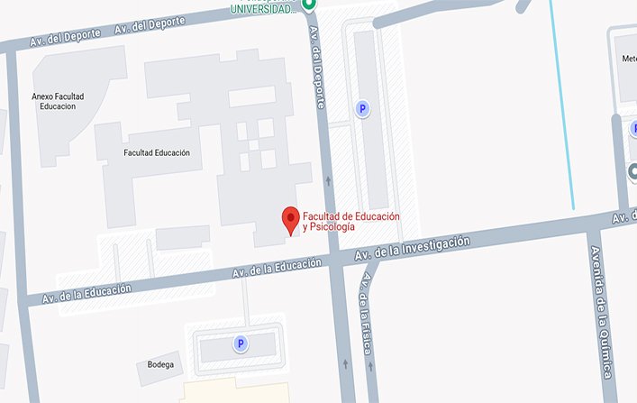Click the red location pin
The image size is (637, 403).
(x=290, y=219)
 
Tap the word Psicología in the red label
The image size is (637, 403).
(x=329, y=227)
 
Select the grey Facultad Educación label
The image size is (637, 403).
(x=157, y=153)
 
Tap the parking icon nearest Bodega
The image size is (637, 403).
(x=241, y=343)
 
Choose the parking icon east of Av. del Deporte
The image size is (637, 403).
(x=363, y=109)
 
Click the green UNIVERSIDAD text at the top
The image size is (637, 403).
(x=262, y=9)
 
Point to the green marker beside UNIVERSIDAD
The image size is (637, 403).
(x=309, y=5)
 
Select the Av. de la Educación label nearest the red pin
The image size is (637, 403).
(x=277, y=268)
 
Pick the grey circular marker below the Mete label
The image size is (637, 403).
(x=632, y=170)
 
